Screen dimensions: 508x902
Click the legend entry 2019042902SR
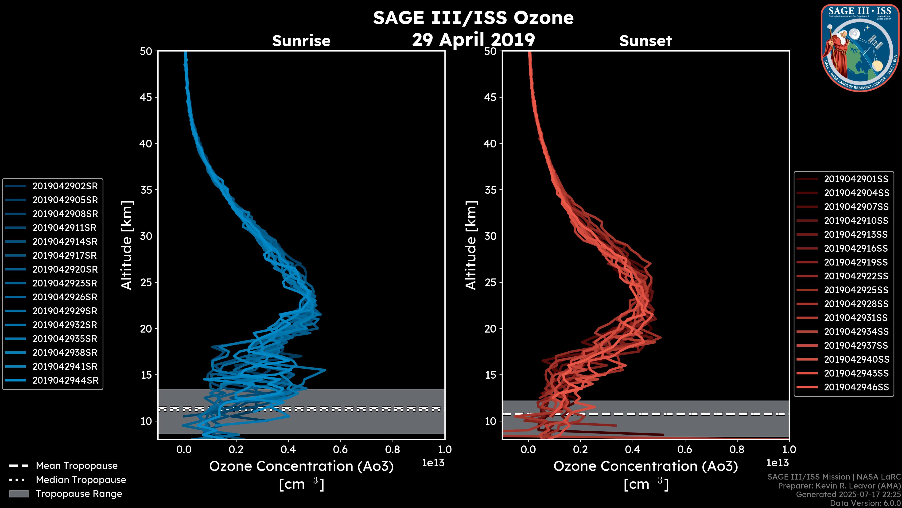(65, 186)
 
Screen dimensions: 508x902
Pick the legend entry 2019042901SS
(856, 179)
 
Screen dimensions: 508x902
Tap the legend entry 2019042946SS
(856, 387)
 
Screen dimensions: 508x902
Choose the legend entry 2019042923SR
(65, 283)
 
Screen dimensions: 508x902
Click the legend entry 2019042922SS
(856, 276)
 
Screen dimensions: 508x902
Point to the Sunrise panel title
(301, 41)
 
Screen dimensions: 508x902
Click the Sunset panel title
(645, 41)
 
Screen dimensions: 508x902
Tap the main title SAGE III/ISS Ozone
(473, 18)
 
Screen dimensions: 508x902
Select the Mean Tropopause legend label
(77, 466)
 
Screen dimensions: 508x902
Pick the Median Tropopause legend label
(81, 480)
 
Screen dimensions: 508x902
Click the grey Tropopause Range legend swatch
(19, 494)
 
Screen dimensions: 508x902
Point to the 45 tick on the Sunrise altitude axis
(146, 97)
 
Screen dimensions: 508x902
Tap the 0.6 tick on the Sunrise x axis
(340, 449)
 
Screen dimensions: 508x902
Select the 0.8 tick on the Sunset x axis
(737, 449)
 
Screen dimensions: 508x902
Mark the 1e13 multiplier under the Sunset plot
(777, 463)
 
